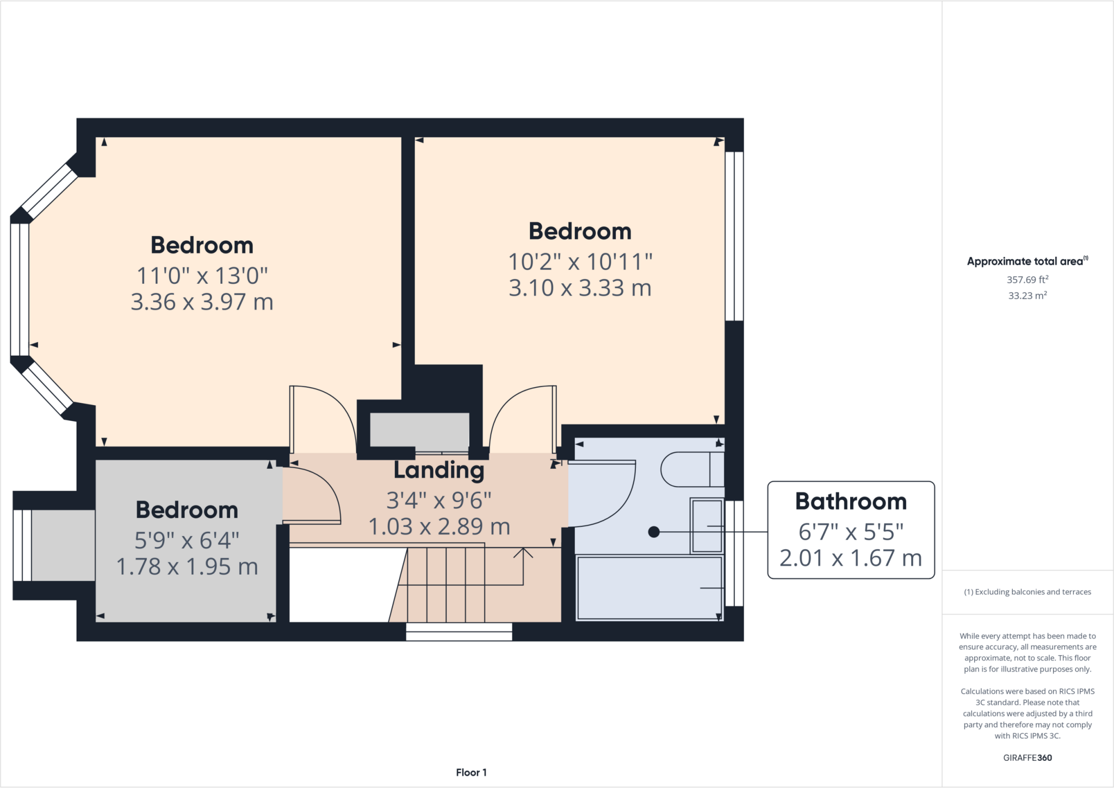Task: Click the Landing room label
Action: point(438,470)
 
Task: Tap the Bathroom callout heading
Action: point(851,501)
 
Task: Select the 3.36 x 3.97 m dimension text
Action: point(202,302)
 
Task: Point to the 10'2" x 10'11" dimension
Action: point(580,262)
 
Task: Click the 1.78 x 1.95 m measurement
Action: point(187,567)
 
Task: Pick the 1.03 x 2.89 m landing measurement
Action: point(439,526)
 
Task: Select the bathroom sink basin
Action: point(707,526)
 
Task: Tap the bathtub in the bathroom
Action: point(649,587)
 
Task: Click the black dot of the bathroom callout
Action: point(654,532)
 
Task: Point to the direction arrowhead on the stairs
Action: point(523,551)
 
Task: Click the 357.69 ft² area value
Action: point(1027,280)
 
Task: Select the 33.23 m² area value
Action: point(1027,295)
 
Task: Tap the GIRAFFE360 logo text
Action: point(1027,758)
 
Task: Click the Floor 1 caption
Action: point(471,772)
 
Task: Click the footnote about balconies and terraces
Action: point(1027,592)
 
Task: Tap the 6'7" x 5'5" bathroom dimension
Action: point(851,531)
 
